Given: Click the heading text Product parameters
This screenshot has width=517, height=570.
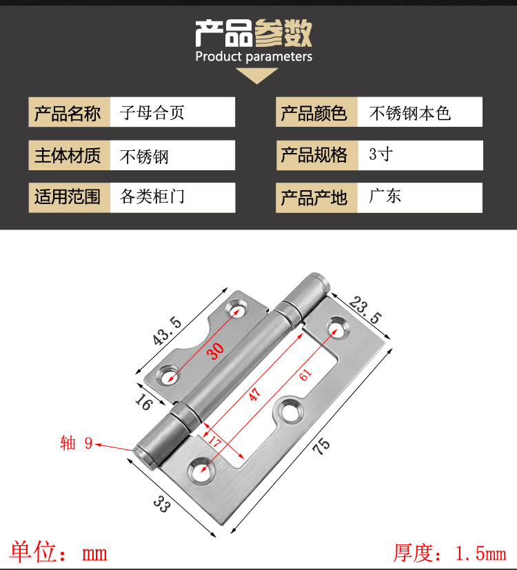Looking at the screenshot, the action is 254,57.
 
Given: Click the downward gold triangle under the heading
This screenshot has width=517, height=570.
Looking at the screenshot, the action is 256,75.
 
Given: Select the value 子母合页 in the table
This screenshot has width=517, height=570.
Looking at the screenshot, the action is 152,112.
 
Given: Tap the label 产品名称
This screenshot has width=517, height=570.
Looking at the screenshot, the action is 68,113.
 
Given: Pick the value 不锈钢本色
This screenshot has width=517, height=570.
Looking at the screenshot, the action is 410,112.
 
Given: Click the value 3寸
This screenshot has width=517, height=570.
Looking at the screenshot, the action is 381,154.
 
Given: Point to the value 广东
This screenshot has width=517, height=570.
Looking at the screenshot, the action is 385,196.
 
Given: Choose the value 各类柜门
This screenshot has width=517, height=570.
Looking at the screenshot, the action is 152,196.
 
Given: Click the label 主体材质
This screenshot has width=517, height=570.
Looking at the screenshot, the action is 68,155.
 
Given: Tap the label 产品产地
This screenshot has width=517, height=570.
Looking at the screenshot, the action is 314,197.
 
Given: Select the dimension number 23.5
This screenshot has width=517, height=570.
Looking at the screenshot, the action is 365,310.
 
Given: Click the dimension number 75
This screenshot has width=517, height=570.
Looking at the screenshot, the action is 321,446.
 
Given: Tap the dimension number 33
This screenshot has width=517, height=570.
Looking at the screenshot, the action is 161,505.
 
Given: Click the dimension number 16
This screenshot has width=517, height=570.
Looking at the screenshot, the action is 143,402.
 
